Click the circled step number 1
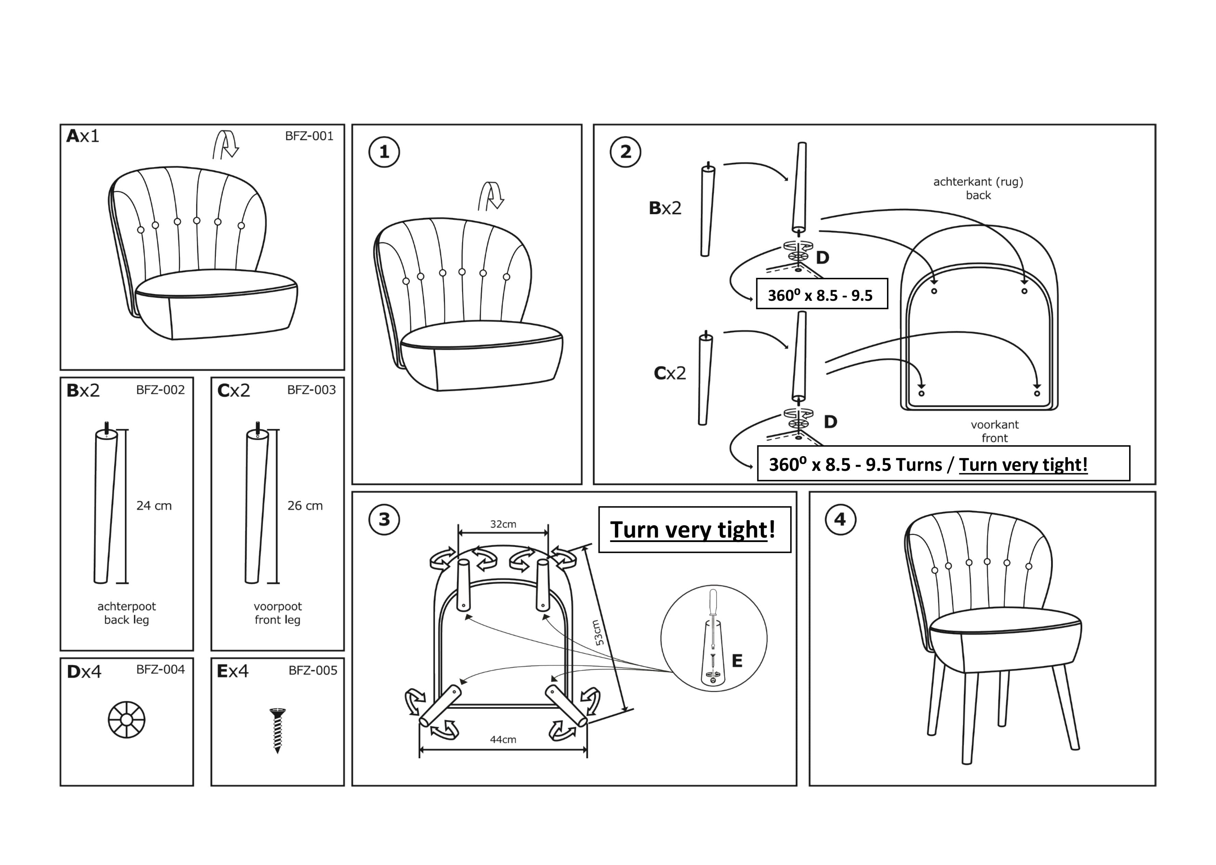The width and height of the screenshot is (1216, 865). click(384, 152)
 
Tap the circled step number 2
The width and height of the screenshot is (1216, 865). click(625, 152)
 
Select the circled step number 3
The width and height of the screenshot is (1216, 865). click(384, 519)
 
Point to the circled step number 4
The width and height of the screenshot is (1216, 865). click(840, 519)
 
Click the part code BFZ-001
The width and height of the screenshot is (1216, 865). click(309, 137)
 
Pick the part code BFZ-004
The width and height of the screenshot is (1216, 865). click(160, 670)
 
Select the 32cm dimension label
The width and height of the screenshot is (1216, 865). click(503, 524)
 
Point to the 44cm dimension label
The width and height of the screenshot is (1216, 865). click(503, 739)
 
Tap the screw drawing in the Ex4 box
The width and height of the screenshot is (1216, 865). click(277, 730)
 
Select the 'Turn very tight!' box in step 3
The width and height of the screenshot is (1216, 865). click(694, 529)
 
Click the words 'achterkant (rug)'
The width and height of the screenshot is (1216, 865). click(978, 182)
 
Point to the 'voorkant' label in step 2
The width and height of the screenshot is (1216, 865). click(994, 425)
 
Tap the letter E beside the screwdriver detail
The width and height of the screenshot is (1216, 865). click(737, 661)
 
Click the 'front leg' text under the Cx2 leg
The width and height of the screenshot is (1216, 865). click(277, 620)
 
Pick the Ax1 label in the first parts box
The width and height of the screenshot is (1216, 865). click(82, 137)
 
